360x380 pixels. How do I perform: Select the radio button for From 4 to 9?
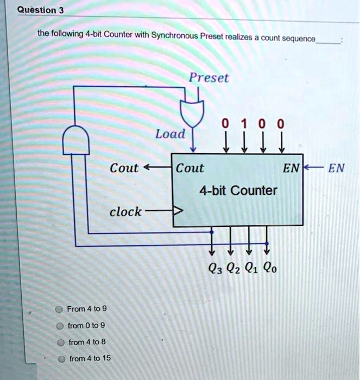59,309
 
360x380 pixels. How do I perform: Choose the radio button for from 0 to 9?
60,326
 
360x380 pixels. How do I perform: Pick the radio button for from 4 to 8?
61,343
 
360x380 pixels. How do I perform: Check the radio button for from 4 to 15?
62,359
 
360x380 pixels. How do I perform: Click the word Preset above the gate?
209,78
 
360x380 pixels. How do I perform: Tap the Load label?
170,134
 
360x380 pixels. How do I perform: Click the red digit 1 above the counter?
244,124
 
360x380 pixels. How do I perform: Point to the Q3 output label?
215,268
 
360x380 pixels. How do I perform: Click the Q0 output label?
270,268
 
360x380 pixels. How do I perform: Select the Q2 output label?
233,268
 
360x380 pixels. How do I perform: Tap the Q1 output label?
251,268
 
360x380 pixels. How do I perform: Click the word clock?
125,212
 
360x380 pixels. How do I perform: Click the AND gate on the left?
76,140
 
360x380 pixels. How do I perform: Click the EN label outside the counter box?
336,168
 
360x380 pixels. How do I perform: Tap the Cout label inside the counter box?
190,168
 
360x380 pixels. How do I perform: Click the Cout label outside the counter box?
124,168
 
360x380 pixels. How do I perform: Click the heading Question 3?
41,10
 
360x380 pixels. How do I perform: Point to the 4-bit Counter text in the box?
238,191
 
